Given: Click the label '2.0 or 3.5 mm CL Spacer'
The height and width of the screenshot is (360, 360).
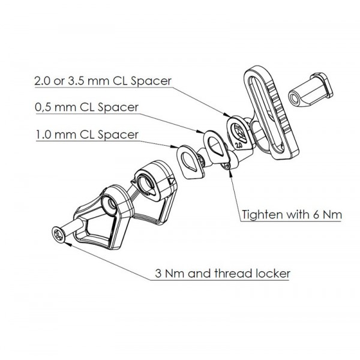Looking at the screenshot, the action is [x=103, y=81].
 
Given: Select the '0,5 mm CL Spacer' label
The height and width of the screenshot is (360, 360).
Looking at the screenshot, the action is [x=87, y=107].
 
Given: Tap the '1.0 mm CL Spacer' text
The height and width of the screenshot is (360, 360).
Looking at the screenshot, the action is [x=87, y=134].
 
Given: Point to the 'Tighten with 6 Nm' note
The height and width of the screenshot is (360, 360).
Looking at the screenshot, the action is [x=292, y=215].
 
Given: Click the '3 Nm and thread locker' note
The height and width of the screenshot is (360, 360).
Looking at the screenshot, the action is [x=223, y=274].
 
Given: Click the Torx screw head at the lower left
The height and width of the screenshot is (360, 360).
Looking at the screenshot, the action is [x=59, y=235].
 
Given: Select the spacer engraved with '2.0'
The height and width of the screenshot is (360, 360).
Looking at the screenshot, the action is [x=241, y=133].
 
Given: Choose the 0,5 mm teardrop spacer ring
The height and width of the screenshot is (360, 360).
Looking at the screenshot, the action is [x=216, y=147].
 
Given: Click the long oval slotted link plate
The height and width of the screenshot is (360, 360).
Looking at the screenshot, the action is [x=271, y=113].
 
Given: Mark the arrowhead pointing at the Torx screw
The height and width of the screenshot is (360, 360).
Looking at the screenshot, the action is [x=68, y=244].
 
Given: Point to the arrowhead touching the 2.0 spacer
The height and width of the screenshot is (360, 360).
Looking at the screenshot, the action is [x=226, y=115].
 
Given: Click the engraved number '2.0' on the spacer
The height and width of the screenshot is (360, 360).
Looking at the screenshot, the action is [x=239, y=145].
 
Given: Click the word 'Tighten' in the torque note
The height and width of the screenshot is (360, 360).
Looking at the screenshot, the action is [x=260, y=215].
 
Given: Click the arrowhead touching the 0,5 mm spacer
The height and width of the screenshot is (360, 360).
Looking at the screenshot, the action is [x=200, y=131].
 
